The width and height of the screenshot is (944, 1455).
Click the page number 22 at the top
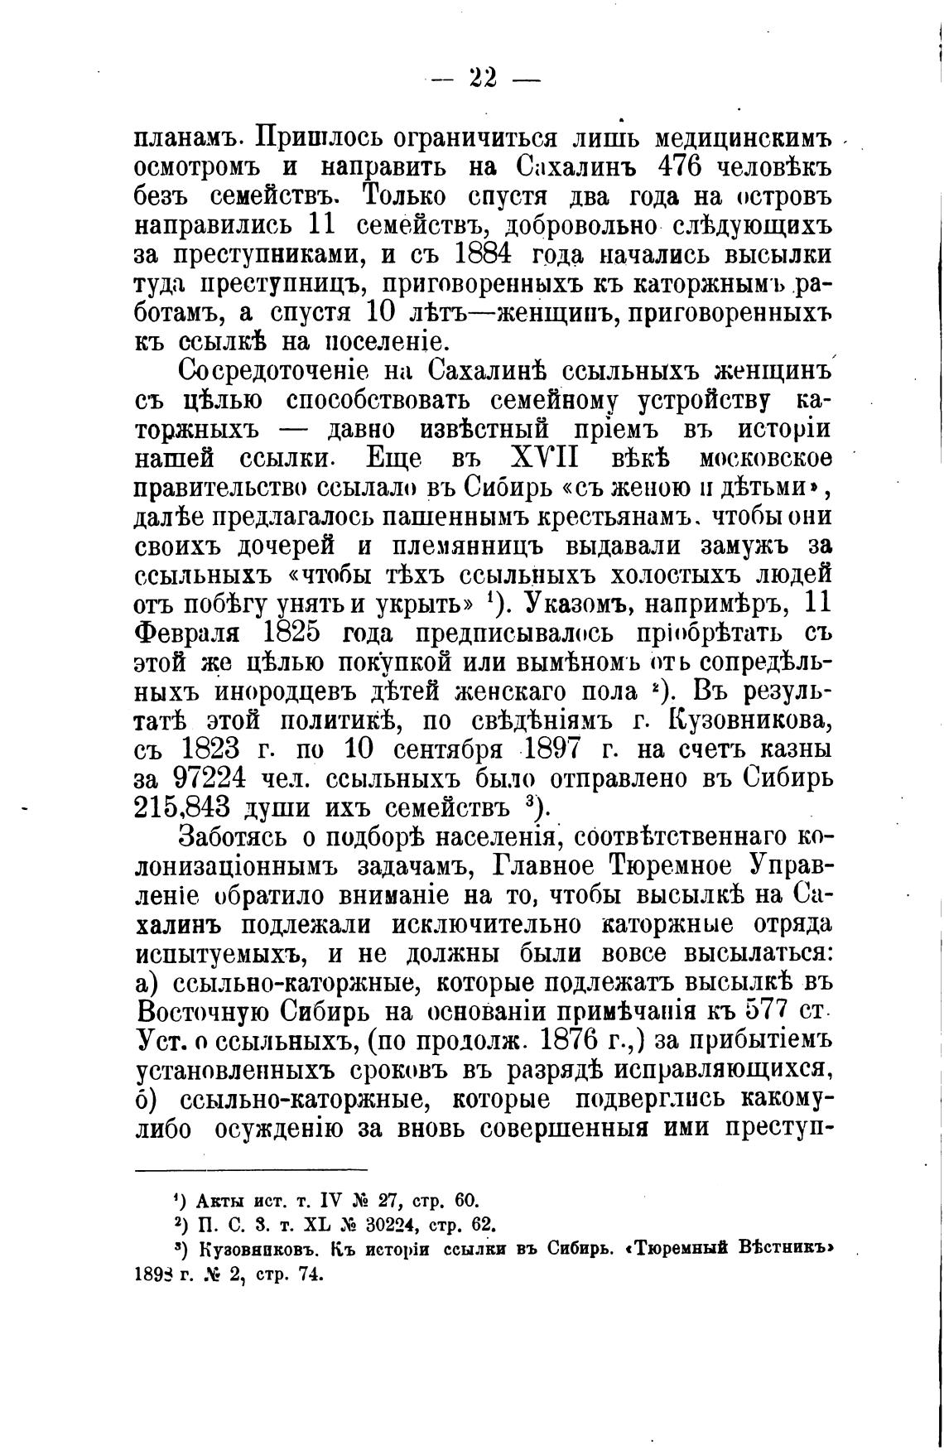point(483,79)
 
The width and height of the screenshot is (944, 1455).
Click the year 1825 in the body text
point(290,634)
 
